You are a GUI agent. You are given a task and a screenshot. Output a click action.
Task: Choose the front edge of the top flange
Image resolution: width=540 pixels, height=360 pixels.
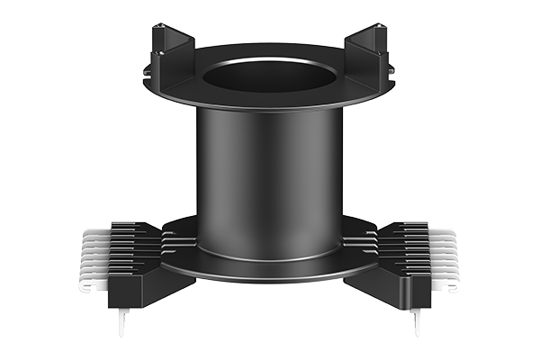(x=270, y=107)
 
